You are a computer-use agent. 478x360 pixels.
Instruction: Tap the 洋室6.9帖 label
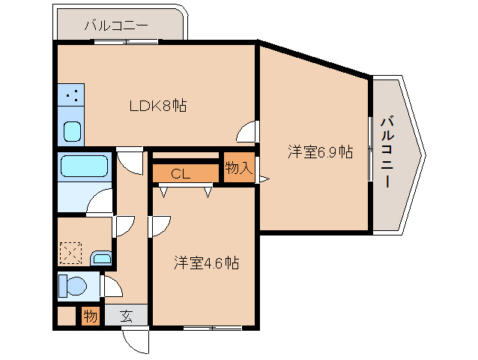321,152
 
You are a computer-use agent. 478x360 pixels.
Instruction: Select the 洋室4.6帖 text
207,263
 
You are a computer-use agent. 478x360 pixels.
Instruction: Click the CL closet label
181,174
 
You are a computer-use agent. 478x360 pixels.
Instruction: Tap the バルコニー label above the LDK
116,25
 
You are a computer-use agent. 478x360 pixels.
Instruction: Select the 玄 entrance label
126,316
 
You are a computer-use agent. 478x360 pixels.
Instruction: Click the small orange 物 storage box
90,316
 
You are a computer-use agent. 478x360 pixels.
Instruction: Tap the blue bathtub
85,166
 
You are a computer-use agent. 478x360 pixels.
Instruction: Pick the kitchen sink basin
72,132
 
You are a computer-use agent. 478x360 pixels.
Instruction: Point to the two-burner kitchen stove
72,96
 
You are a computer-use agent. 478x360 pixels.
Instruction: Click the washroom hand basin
101,259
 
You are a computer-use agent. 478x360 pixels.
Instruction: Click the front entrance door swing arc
136,341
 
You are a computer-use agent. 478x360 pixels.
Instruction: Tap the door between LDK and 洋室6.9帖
247,133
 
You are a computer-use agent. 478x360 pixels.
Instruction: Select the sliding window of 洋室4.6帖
213,328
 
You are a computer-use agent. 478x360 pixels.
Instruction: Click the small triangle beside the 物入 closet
263,178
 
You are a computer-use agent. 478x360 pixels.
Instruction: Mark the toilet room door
112,286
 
